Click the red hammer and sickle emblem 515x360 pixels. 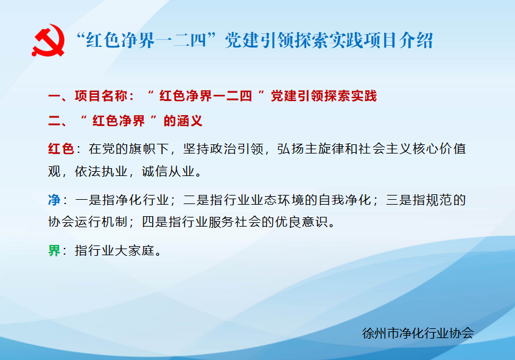48,40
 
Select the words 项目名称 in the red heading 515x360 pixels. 101,96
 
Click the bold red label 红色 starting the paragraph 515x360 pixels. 61,149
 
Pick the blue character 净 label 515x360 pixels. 54,200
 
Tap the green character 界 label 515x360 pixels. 54,250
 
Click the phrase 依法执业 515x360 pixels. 101,171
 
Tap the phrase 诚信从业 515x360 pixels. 169,171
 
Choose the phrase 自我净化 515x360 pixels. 345,200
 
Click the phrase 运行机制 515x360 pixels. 101,222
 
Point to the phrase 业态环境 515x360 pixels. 264,200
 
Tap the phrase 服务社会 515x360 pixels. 235,222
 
